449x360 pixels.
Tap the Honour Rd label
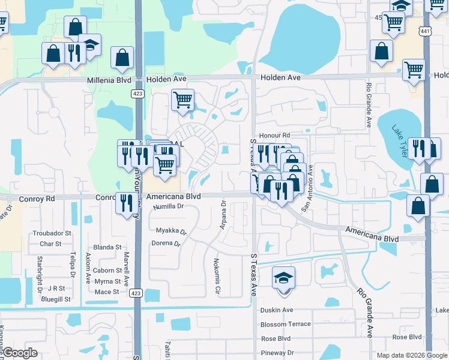[x=274, y=136]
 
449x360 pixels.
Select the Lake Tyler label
[x=400, y=142]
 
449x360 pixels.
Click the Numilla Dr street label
[x=167, y=206]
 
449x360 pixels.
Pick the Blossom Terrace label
[x=286, y=324]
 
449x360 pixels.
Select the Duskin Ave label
[x=276, y=310]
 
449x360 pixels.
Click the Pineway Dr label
[x=277, y=353]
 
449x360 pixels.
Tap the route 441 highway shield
[x=425, y=30]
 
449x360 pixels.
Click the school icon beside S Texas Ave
[x=283, y=278]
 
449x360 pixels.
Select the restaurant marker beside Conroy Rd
[x=126, y=203]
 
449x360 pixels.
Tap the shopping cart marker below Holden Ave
[x=182, y=100]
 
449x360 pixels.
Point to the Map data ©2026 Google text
[x=411, y=355]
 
